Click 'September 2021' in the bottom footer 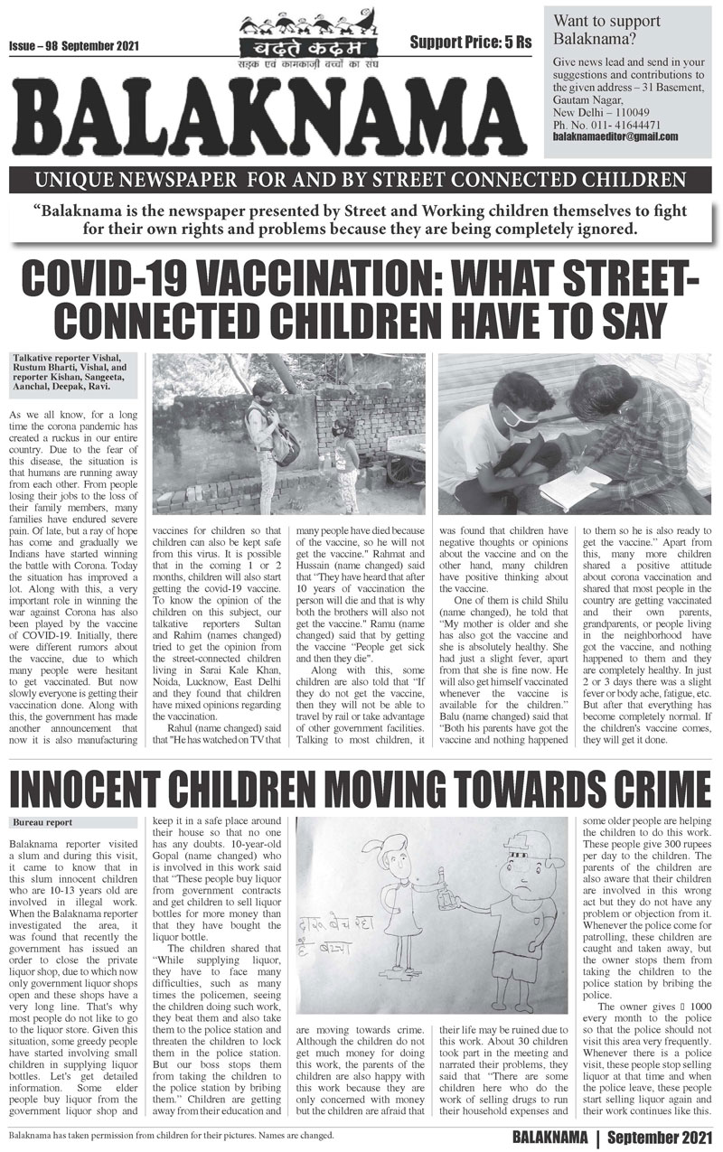[662, 1135]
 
